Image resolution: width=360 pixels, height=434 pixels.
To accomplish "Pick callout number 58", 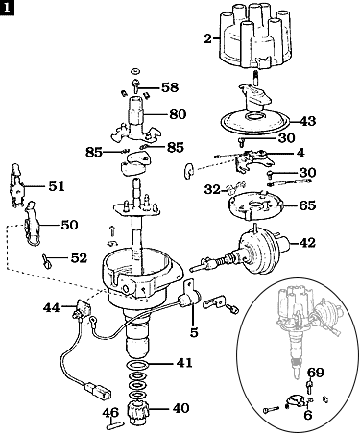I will (169, 87).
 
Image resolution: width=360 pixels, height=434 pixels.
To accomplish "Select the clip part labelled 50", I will (35, 229).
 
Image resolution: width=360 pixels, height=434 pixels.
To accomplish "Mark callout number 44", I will (52, 307).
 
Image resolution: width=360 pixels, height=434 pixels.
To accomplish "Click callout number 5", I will (195, 333).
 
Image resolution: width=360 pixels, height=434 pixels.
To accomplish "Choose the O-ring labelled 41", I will (137, 365).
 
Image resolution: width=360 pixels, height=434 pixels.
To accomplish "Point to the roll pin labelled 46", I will (115, 420).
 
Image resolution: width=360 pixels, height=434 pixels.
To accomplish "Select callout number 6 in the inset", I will (307, 416).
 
